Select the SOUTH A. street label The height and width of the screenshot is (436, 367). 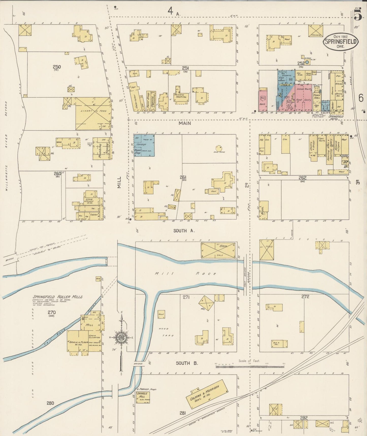184,231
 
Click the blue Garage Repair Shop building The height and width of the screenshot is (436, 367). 144,145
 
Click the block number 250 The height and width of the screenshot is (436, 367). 56,67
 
